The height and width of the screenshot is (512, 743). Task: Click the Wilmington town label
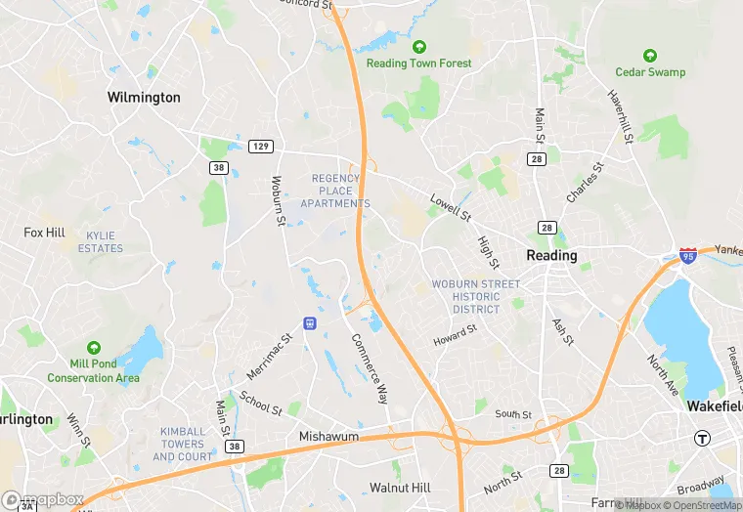pyautogui.click(x=144, y=98)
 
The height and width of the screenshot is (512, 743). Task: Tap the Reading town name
pyautogui.click(x=551, y=255)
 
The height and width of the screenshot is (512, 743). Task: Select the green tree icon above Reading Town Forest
pyautogui.click(x=419, y=47)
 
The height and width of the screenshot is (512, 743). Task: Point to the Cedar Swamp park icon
pyautogui.click(x=650, y=56)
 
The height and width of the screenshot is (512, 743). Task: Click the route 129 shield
pyautogui.click(x=260, y=147)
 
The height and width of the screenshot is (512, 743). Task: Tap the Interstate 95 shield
pyautogui.click(x=688, y=256)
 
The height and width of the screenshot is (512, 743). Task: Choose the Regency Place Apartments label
pyautogui.click(x=335, y=191)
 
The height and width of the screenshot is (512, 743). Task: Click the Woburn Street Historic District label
pyautogui.click(x=476, y=297)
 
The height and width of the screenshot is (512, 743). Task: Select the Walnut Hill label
pyautogui.click(x=400, y=487)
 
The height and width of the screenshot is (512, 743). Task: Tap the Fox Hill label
pyautogui.click(x=44, y=233)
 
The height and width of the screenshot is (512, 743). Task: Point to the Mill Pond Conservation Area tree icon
pyautogui.click(x=94, y=348)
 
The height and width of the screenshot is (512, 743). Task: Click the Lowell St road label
pyautogui.click(x=451, y=205)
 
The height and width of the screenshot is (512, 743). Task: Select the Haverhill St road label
pyautogui.click(x=622, y=117)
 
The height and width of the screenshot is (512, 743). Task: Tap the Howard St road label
pyautogui.click(x=456, y=335)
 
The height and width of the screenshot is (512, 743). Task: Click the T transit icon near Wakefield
pyautogui.click(x=701, y=439)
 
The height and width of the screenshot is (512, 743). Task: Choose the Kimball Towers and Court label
pyautogui.click(x=183, y=444)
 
